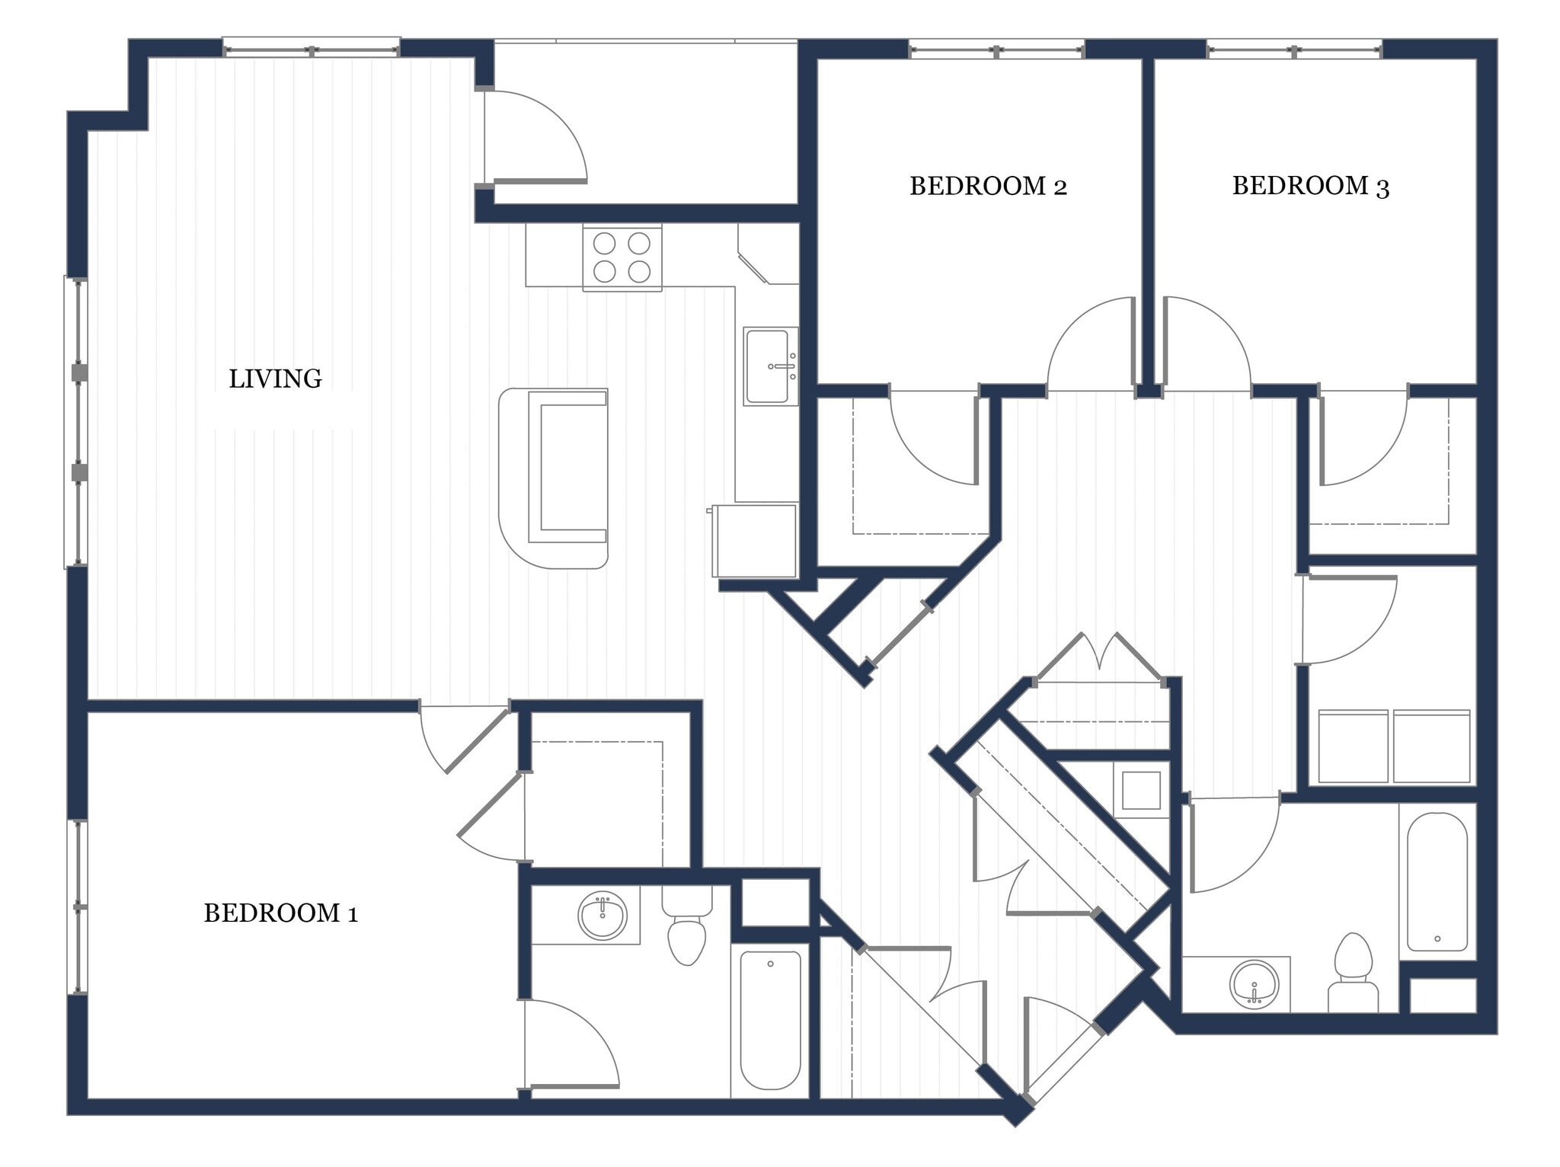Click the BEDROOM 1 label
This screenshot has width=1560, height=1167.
point(280,913)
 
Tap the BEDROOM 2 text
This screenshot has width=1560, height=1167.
point(988,186)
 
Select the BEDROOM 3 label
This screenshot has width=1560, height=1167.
point(1310,186)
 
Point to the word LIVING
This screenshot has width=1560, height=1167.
point(275,379)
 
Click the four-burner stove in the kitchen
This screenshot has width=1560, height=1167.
point(622,257)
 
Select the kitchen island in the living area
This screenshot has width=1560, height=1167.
point(554,478)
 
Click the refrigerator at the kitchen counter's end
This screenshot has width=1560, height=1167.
point(755,540)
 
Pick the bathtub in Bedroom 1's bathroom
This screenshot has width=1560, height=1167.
point(770,1020)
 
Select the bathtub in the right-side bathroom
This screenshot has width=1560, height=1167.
point(1437,881)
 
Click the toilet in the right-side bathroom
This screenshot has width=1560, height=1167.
point(1353,975)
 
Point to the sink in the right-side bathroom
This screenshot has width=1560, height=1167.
point(1253,984)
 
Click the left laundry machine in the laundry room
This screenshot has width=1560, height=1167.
point(1352,747)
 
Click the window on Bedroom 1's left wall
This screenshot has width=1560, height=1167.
point(78,906)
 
